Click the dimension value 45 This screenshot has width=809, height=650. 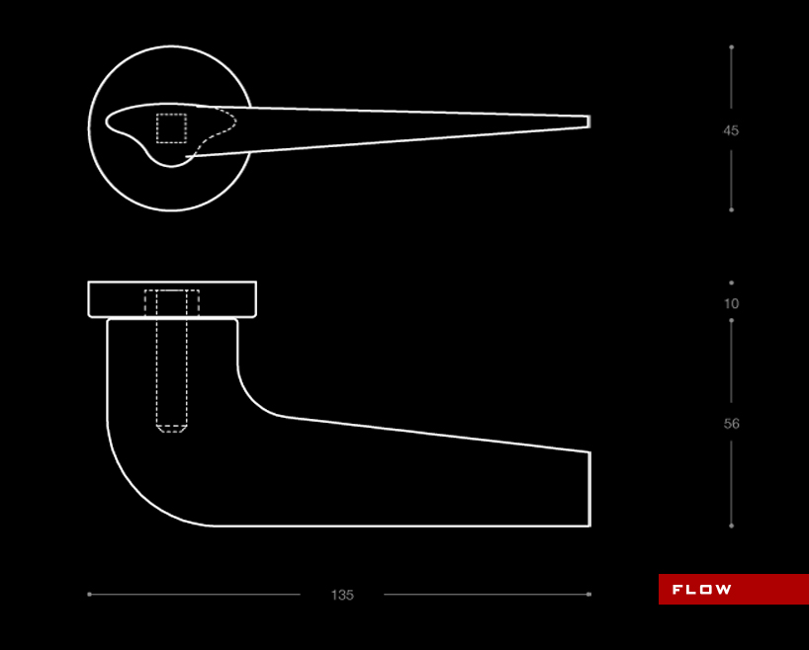pyautogui.click(x=731, y=130)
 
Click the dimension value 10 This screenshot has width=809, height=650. pyautogui.click(x=731, y=303)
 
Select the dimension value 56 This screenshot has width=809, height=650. pyautogui.click(x=731, y=424)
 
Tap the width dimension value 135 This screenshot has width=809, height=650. pyautogui.click(x=342, y=595)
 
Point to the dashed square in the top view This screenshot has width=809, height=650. pyautogui.click(x=171, y=128)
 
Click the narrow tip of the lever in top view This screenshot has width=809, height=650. pyautogui.click(x=587, y=122)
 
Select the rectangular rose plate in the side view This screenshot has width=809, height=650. pyautogui.click(x=172, y=299)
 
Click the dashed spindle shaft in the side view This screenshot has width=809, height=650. pyautogui.click(x=172, y=366)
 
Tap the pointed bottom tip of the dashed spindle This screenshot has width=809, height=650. pyautogui.click(x=172, y=431)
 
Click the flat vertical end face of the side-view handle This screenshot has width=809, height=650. pyautogui.click(x=589, y=489)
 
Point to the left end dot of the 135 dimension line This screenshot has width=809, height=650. pyautogui.click(x=89, y=595)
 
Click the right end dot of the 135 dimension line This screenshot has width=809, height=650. pyautogui.click(x=589, y=595)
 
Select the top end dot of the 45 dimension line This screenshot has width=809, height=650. pyautogui.click(x=731, y=46)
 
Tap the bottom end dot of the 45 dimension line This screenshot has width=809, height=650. pyautogui.click(x=731, y=209)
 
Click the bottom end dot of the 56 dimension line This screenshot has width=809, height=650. pyautogui.click(x=731, y=526)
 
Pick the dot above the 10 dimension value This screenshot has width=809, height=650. pyautogui.click(x=731, y=283)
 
